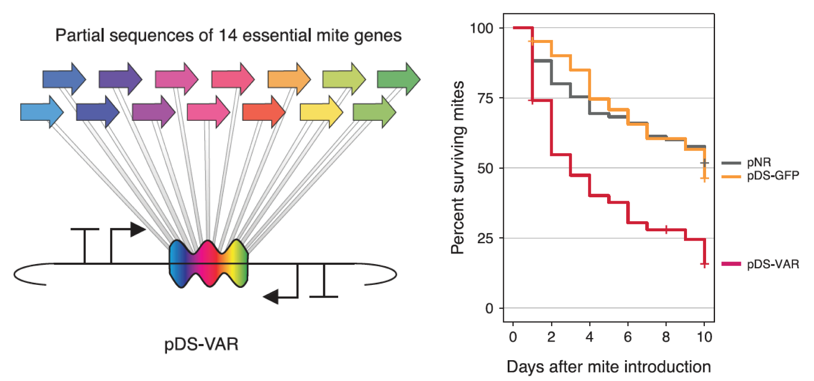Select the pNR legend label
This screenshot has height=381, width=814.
tap(759, 162)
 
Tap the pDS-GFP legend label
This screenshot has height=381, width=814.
tap(773, 175)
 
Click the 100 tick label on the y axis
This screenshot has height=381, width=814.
tap(481, 28)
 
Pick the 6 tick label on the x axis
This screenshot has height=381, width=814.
tap(627, 337)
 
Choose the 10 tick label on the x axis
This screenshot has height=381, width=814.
tap(704, 337)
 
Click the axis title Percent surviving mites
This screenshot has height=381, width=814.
tap(458, 168)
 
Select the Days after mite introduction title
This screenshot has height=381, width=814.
tap(609, 367)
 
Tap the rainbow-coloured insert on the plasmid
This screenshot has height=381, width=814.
tap(208, 264)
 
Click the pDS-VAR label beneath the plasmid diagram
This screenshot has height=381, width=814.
tap(201, 344)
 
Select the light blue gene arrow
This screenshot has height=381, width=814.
tap(42, 112)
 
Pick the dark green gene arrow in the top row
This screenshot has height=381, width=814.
tap(399, 79)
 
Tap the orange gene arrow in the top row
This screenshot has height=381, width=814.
tap(289, 79)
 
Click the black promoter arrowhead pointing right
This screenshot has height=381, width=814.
tap(138, 229)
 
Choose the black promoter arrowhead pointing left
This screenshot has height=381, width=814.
tap(271, 296)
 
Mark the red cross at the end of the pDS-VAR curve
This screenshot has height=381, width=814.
tap(704, 264)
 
